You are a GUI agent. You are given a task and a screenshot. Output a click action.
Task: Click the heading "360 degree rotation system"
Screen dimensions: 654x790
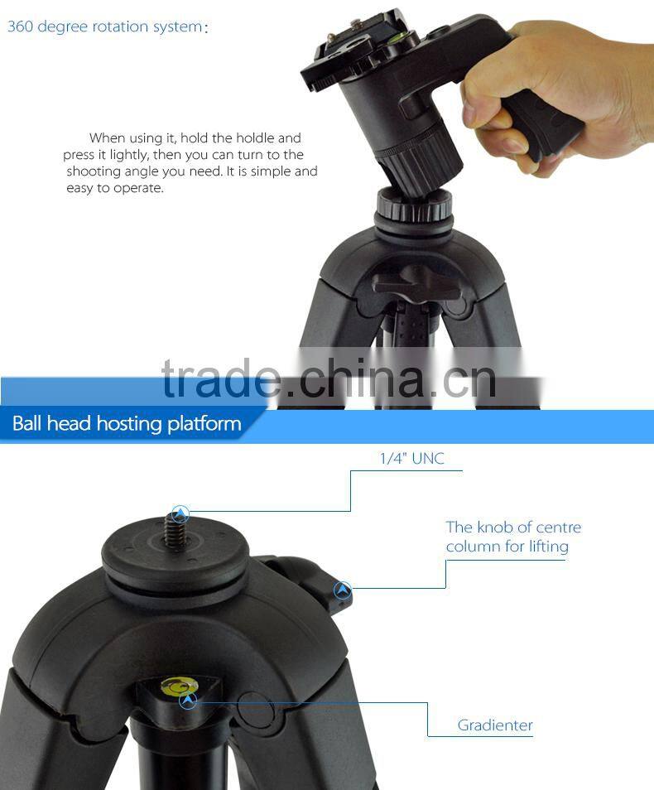(x=105, y=26)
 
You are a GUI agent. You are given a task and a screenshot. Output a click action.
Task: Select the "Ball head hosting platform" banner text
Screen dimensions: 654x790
(x=127, y=423)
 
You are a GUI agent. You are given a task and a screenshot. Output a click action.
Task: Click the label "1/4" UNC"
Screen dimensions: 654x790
(x=411, y=459)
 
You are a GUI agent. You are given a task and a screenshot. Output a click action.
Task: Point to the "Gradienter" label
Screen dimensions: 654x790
(x=495, y=725)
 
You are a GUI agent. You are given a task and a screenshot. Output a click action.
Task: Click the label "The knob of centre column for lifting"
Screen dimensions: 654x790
(x=513, y=537)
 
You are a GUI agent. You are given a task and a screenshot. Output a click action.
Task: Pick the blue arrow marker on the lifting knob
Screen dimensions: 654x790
(x=343, y=589)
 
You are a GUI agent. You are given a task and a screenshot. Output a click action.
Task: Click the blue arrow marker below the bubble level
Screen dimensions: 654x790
(x=188, y=700)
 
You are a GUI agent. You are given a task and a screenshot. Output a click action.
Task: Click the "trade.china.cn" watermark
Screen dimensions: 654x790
(x=329, y=378)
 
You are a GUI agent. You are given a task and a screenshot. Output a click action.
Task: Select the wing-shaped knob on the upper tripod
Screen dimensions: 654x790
(x=416, y=284)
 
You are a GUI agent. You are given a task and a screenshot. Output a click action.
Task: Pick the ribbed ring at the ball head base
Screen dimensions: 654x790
(x=414, y=206)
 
